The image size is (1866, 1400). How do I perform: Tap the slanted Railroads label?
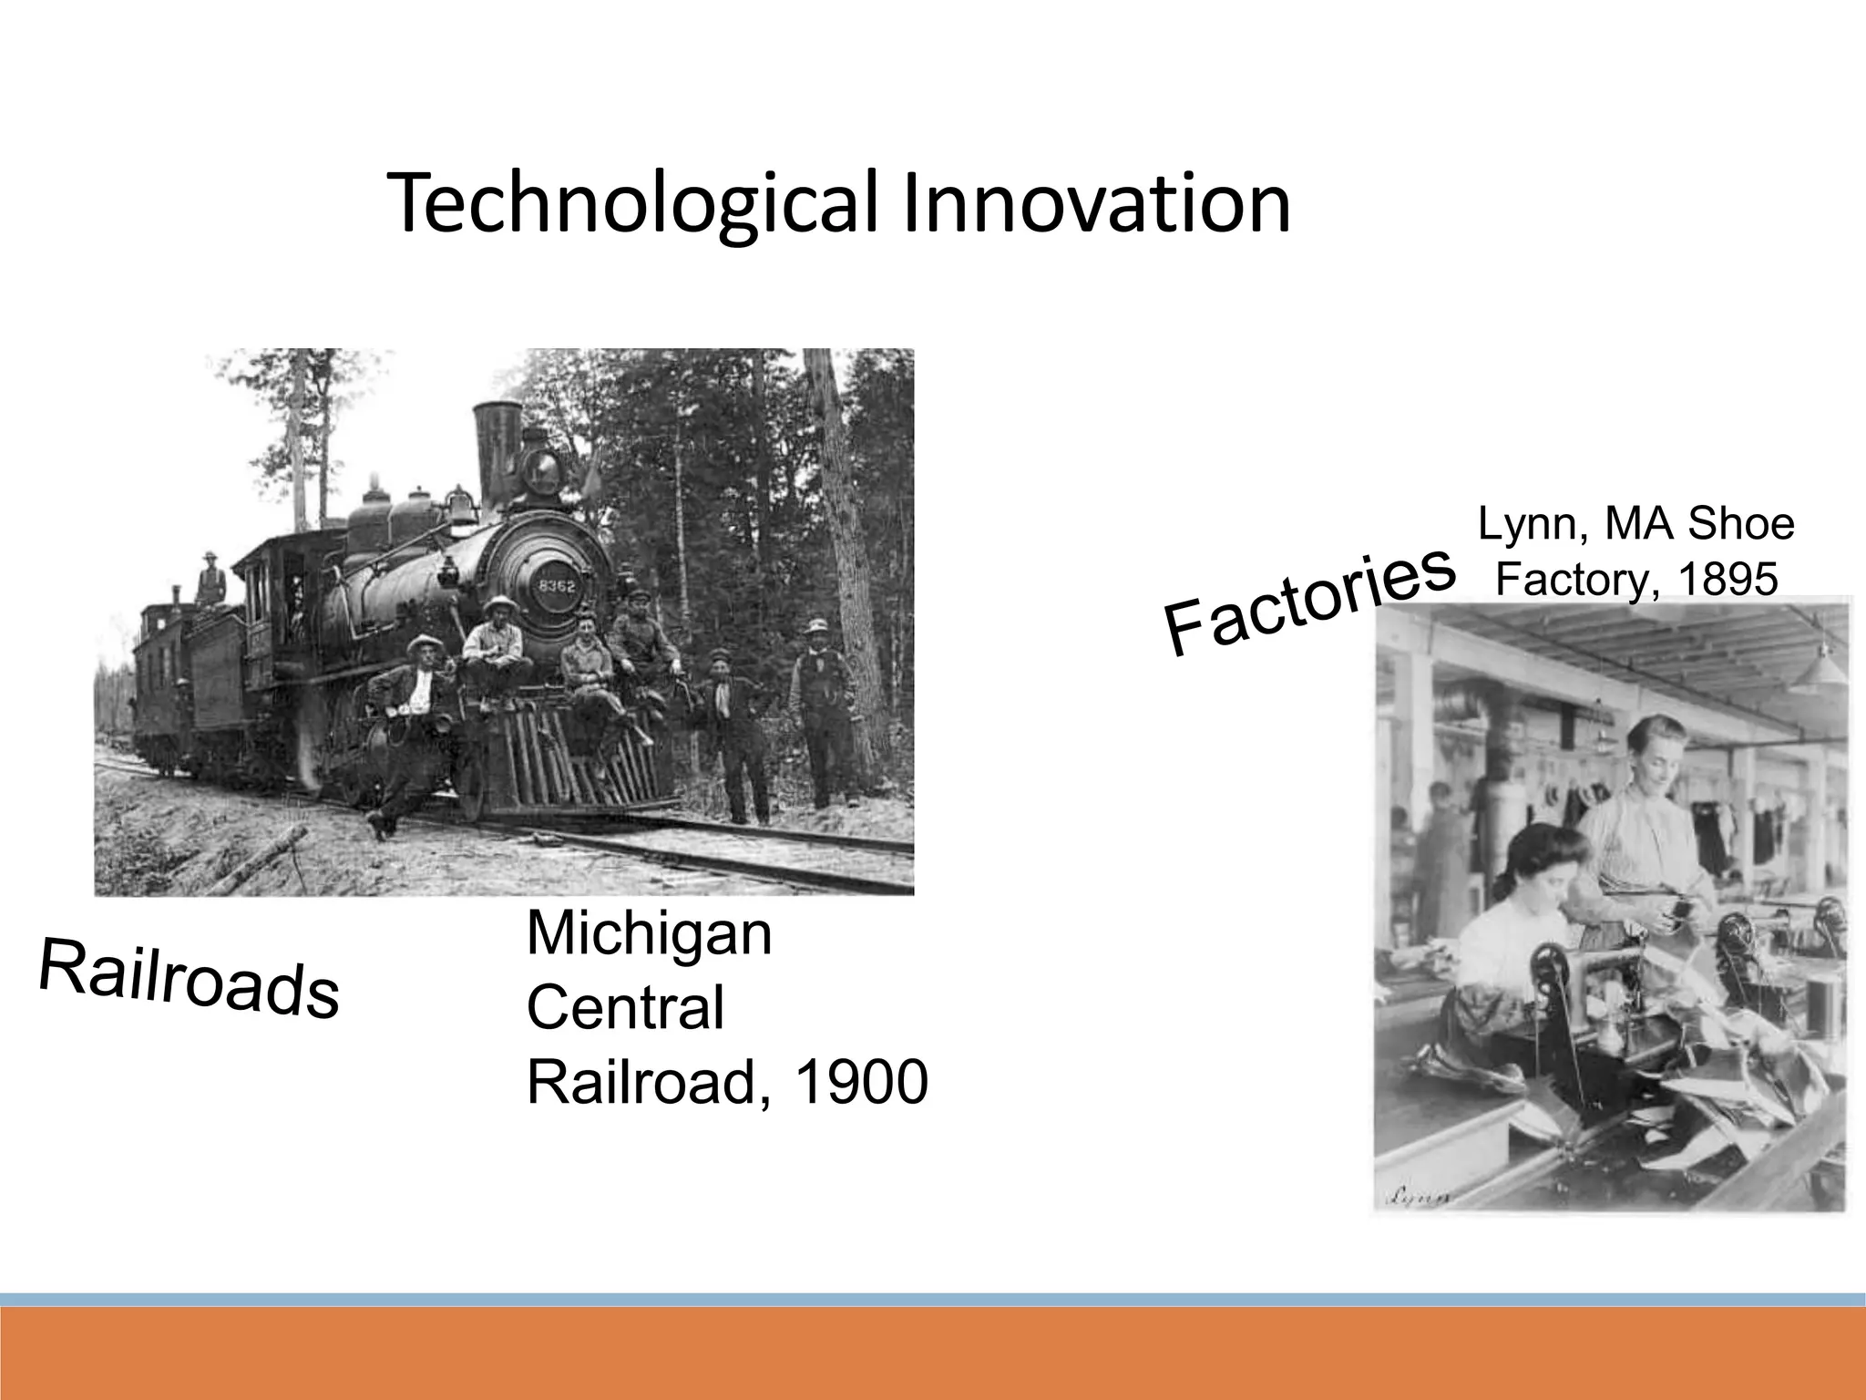click(x=189, y=978)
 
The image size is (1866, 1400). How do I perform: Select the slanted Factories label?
click(x=1307, y=602)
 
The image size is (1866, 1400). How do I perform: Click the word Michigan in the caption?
click(x=649, y=934)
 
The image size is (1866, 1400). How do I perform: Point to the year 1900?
click(x=861, y=1083)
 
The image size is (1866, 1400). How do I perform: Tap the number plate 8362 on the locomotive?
click(x=557, y=585)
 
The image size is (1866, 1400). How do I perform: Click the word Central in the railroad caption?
click(x=625, y=1008)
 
